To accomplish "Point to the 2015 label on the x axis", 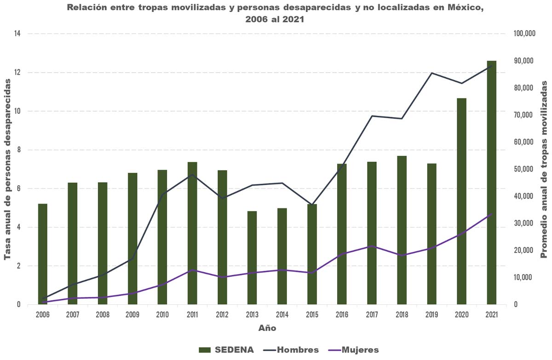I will click(x=312, y=314).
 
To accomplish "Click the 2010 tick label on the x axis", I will click(x=162, y=314).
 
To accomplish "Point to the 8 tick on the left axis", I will click(x=18, y=150).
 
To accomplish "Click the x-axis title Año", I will click(x=267, y=328).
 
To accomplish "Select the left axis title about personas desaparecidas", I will click(x=8, y=169).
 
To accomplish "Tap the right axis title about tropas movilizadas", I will click(x=544, y=169).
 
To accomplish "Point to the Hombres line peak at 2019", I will click(x=431, y=73).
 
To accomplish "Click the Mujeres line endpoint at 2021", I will click(x=492, y=214).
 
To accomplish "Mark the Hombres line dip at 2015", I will click(x=312, y=205).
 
